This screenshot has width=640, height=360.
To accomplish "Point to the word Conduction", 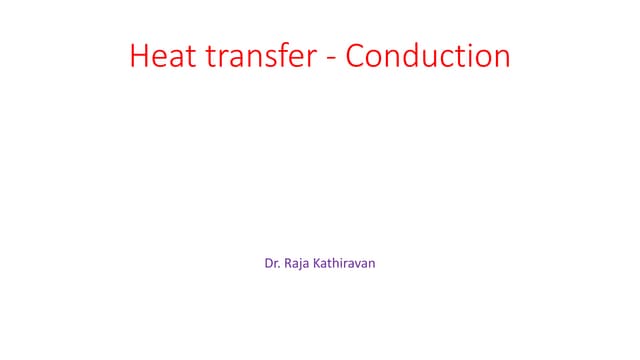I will pos(428,56).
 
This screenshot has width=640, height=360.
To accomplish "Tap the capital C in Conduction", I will pos(356,56).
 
